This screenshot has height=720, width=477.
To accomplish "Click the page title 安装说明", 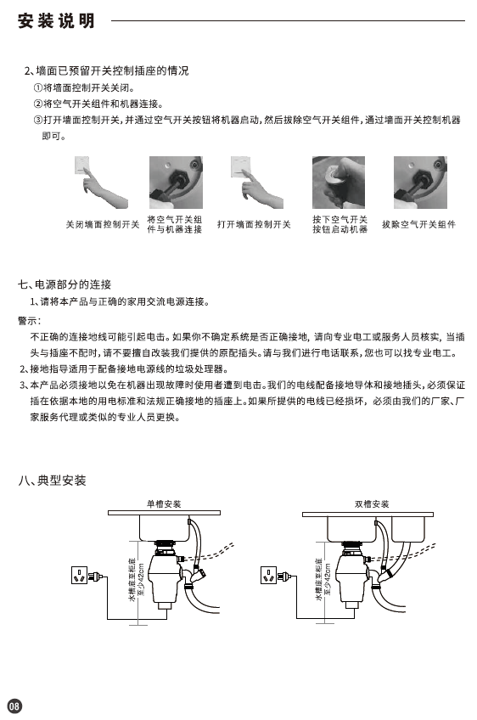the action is point(56,20).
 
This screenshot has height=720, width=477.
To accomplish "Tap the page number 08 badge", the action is point(14,706).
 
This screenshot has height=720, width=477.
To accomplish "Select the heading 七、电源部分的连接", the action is point(65,284).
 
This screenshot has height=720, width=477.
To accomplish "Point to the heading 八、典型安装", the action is point(52,481).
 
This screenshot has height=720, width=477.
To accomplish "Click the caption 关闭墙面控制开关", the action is point(103,224).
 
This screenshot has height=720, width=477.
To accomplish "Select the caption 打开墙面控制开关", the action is point(254,224).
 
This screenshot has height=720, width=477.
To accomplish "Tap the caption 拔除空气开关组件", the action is point(418,224).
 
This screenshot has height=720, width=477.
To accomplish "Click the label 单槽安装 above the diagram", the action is point(164,504).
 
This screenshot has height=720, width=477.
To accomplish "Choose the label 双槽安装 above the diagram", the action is point(372,504).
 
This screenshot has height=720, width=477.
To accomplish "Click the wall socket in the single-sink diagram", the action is point(80,575).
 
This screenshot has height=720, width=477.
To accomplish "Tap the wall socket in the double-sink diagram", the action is point(269,575).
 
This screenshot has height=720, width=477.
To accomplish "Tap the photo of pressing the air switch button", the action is point(339,183).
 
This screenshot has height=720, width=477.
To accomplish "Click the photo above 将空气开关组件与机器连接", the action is point(176,183).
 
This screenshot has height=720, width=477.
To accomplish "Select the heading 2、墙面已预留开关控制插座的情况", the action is point(106,70).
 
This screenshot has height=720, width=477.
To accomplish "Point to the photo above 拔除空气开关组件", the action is point(420,183).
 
